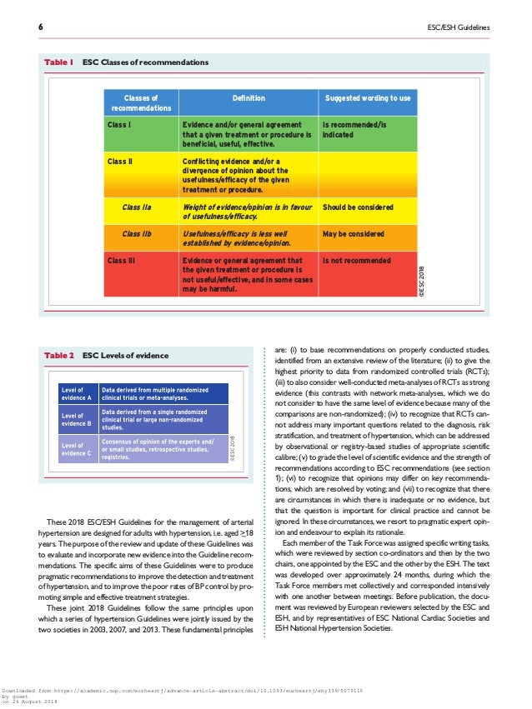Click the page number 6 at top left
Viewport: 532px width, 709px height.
click(42, 28)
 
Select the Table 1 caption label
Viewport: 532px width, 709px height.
click(59, 62)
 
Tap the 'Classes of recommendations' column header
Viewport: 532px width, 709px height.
click(141, 102)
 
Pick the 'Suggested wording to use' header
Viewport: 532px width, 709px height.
click(367, 98)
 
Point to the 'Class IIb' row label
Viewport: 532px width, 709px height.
click(136, 234)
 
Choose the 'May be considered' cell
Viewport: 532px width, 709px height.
click(353, 234)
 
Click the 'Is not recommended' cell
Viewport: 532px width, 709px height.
click(356, 261)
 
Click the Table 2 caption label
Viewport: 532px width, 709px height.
click(59, 356)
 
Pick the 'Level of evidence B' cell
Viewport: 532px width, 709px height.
click(77, 421)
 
